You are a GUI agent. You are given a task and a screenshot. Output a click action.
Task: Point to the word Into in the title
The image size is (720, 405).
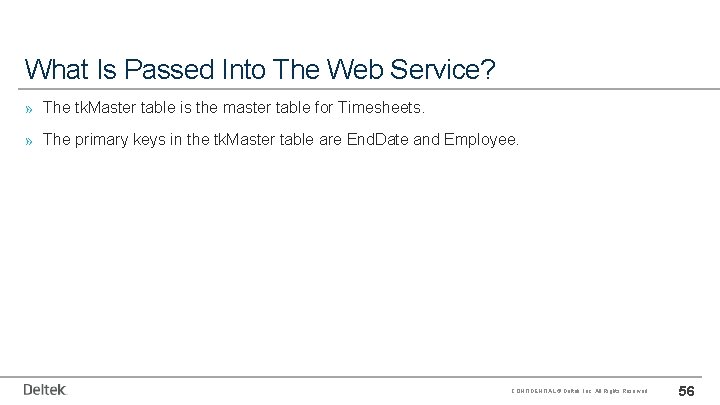coord(232,69)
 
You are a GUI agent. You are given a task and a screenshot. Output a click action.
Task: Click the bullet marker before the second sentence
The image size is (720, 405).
coord(30,141)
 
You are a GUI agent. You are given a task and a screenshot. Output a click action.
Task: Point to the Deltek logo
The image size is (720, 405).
coord(45,389)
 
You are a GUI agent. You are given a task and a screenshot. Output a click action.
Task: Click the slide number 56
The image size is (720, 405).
coord(688,389)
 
